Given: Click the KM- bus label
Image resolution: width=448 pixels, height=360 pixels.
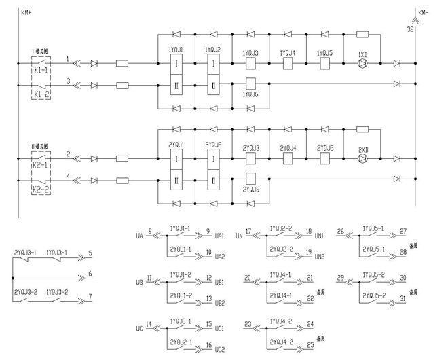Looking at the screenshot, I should pos(423,12).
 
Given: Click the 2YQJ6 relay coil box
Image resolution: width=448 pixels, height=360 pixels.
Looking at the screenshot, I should pos(250,180).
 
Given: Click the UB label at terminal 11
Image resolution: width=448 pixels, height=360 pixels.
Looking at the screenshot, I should pos(139,281).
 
